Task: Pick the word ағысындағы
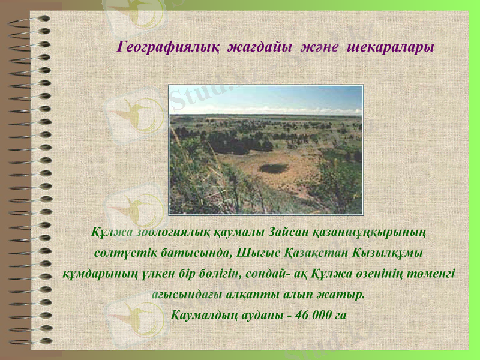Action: [182, 295]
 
